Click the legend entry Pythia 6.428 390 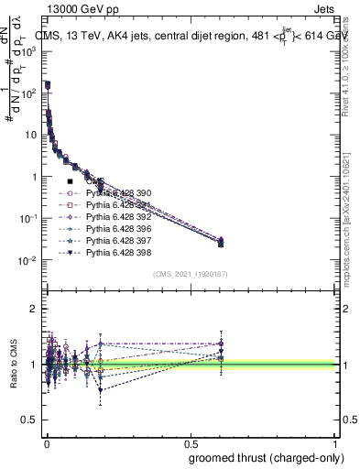point(115,194)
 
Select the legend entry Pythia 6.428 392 point(115,217)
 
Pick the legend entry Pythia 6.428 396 point(115,229)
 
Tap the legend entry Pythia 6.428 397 point(115,240)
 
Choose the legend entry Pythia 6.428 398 point(115,252)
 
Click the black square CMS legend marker point(71,182)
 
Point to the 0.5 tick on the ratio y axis point(31,420)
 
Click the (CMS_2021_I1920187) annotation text point(191,273)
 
